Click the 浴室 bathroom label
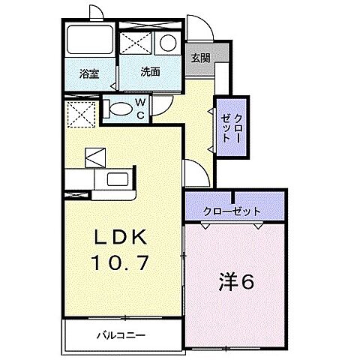coord(89,73)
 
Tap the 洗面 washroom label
coord(150,72)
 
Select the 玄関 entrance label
coord(199,57)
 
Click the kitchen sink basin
coord(117,178)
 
